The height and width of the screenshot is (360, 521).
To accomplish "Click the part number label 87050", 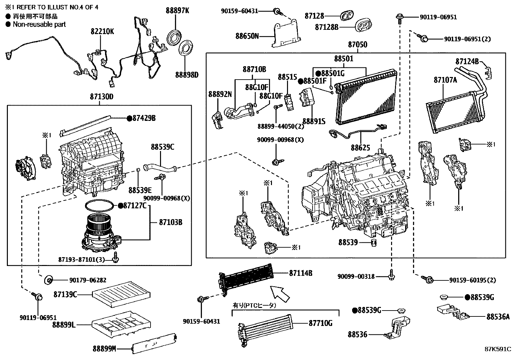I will tap(357, 44).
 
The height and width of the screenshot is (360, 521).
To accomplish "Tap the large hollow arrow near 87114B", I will tap(280, 293).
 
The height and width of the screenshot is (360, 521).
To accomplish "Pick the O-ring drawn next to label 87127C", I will tap(99, 206).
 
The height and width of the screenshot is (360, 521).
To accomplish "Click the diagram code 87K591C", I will tap(497, 349).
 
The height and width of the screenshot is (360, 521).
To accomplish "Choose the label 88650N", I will tap(247, 36).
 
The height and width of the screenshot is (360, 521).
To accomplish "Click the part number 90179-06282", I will tap(87, 280).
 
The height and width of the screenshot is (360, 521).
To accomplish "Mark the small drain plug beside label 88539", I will tap(372, 243).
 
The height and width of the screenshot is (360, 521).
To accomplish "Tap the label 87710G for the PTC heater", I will tap(320, 323).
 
